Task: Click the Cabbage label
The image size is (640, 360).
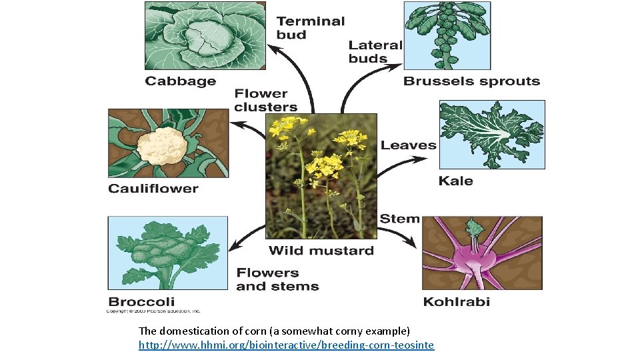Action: click(x=181, y=81)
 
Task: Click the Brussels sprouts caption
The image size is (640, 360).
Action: click(x=471, y=81)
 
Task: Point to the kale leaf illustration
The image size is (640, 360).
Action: click(x=491, y=134)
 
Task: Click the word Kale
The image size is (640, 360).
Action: click(x=456, y=181)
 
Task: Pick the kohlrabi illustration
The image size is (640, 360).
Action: click(x=482, y=253)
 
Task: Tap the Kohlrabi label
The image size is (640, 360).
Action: click(x=457, y=301)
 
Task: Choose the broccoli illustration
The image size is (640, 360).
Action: click(x=167, y=253)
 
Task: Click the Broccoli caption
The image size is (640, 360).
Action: click(x=141, y=301)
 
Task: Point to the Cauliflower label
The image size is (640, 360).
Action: click(x=153, y=189)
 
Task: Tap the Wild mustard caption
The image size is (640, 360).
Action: click(x=321, y=251)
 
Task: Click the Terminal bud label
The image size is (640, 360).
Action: click(x=311, y=27)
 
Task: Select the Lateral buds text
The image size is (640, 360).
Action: click(x=375, y=52)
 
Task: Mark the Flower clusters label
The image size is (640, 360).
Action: click(x=265, y=100)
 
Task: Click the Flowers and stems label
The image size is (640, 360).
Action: click(x=277, y=279)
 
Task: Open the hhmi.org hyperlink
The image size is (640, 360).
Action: click(x=286, y=345)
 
